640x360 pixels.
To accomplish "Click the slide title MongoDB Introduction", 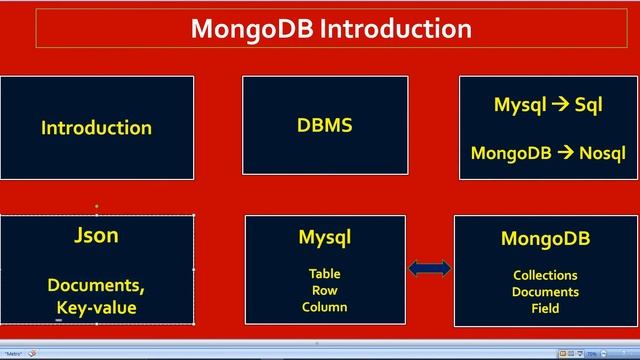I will pyautogui.click(x=331, y=28).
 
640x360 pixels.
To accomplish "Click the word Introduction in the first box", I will pyautogui.click(x=96, y=128).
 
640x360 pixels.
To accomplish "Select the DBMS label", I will pyautogui.click(x=325, y=125).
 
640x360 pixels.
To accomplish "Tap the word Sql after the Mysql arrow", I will pyautogui.click(x=588, y=105).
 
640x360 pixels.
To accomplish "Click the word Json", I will pyautogui.click(x=96, y=236).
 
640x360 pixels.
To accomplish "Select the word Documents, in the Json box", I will pyautogui.click(x=96, y=285).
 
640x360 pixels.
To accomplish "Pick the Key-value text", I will pyautogui.click(x=96, y=308).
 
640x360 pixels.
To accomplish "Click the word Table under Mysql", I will pyautogui.click(x=324, y=273).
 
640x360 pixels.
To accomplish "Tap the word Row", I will pyautogui.click(x=324, y=290).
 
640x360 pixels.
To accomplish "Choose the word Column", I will pyautogui.click(x=324, y=307).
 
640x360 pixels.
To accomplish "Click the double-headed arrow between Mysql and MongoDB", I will pyautogui.click(x=430, y=268).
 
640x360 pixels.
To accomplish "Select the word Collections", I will pyautogui.click(x=545, y=275).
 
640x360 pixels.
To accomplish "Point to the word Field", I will pyautogui.click(x=545, y=309).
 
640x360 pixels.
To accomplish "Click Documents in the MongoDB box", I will pyautogui.click(x=545, y=292).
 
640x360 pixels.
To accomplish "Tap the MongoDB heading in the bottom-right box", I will pyautogui.click(x=545, y=239).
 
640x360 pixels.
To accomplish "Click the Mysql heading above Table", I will pyautogui.click(x=324, y=238).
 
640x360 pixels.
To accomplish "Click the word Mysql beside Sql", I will pyautogui.click(x=520, y=105).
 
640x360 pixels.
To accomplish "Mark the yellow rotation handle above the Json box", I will pyautogui.click(x=96, y=206).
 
